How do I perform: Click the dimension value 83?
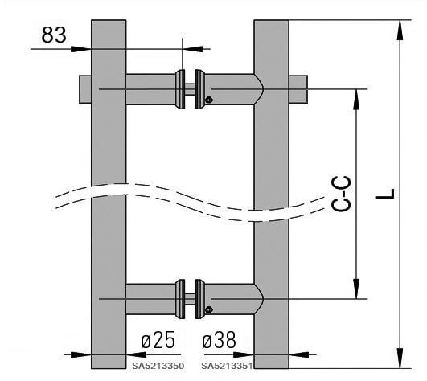coord(54,35)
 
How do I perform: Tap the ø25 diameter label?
coord(158,340)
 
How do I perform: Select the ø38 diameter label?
coord(219,340)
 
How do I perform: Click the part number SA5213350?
coord(158,366)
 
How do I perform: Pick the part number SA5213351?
coord(227,366)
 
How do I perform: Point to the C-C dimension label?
coord(341,194)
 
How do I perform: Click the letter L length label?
coord(385,194)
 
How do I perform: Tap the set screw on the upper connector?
coord(209,100)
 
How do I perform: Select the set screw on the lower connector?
coord(209,309)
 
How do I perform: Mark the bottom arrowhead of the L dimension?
coord(400,358)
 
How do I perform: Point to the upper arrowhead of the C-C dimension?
coord(356,99)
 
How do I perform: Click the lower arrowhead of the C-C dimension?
coord(356,289)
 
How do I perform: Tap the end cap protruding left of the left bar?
coord(85,89)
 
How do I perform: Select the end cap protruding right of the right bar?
coord(298,89)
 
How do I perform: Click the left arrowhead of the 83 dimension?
coord(81,49)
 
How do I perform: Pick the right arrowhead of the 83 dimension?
coord(193,49)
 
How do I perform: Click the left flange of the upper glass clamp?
coord(180,89)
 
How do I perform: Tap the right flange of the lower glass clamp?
coord(200,299)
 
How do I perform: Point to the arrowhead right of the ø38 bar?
coord(299,354)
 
